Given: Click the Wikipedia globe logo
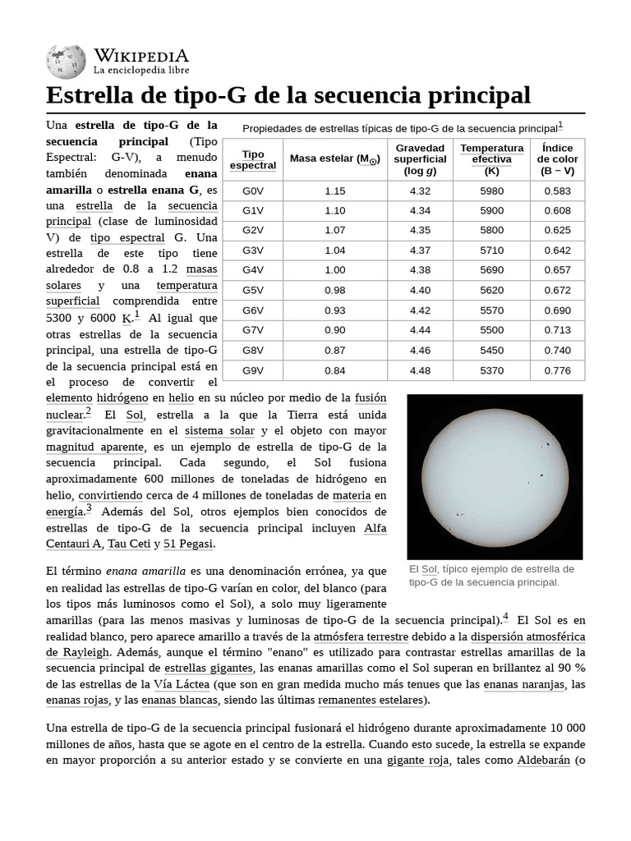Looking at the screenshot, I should coord(66,63).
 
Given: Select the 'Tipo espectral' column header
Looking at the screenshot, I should coord(253,159).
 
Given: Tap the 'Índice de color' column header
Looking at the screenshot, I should coord(557,159).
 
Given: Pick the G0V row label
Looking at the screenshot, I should coord(253,191).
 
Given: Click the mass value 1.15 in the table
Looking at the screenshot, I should coord(335,191).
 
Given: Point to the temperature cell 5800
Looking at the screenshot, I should coord(492,230).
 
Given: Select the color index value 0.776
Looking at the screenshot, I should coord(557,370).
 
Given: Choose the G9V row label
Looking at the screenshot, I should coord(253,370).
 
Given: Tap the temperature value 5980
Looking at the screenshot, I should coord(492,191).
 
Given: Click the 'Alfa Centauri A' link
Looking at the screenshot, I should coord(375,527).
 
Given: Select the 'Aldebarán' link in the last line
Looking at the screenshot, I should coord(543,760).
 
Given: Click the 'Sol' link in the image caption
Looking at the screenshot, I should coord(428,569).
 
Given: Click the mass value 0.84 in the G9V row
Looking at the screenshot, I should coord(335,370).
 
